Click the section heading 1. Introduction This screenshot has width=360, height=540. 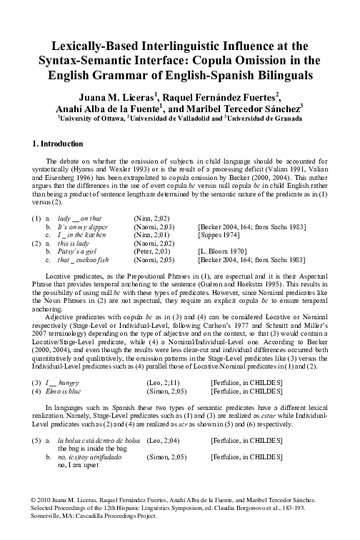tap(59, 144)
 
